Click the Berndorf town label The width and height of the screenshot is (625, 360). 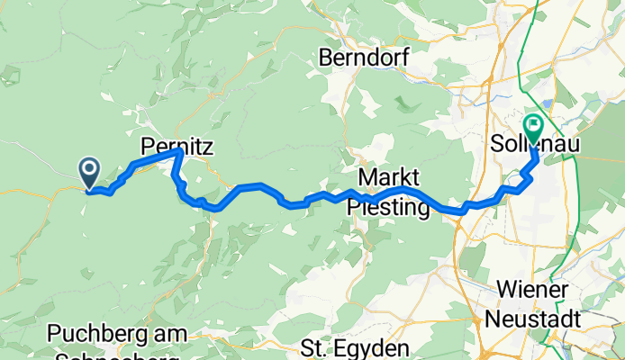coord(364,58)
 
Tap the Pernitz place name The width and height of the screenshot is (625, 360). coord(177,143)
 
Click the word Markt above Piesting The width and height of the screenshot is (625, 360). coord(389,175)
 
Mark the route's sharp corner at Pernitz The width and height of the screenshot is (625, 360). coord(179,152)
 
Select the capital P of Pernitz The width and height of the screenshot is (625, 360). coord(149,143)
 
